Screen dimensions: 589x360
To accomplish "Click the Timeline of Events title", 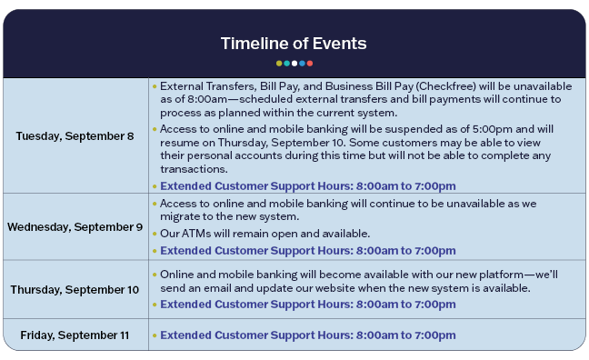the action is point(294,44).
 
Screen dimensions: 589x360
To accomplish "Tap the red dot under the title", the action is point(310,64).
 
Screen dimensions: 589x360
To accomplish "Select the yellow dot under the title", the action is point(279,64).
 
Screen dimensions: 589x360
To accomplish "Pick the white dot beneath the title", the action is point(294,64).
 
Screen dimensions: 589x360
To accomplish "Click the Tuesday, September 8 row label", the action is point(75,136).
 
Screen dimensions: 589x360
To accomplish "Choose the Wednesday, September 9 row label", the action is point(75,227).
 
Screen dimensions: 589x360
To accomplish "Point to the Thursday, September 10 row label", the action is point(75,290).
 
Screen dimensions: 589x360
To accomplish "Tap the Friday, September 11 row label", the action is point(75,335).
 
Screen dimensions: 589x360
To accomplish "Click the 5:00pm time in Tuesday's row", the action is point(493,129).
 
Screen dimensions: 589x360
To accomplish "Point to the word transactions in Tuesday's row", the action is point(194,169).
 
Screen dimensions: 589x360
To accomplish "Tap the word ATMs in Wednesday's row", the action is point(195,234).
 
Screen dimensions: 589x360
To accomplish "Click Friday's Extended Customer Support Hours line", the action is point(308,335).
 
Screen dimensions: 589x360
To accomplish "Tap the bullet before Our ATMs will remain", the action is point(155,234).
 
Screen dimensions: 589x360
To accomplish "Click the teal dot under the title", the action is point(286,64).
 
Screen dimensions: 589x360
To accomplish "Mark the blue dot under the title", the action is point(302,64).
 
